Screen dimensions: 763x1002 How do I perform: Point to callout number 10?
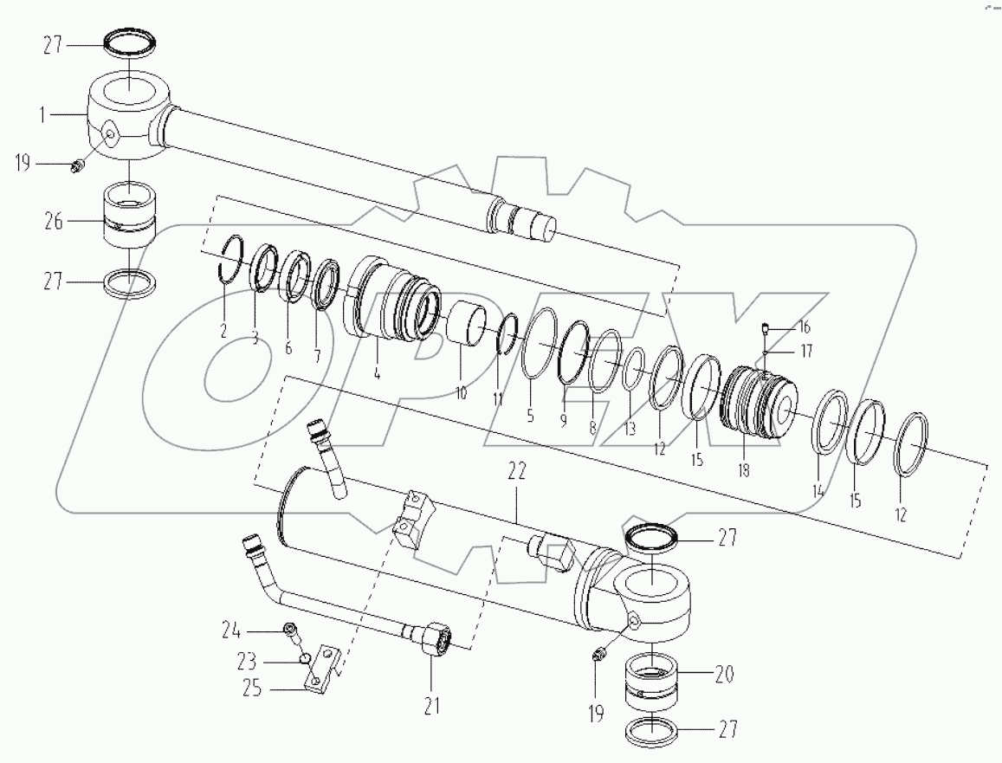click(459, 391)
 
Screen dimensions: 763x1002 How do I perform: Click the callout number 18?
click(743, 471)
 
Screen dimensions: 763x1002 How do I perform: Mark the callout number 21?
click(431, 707)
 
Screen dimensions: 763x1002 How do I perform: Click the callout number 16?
click(805, 327)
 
